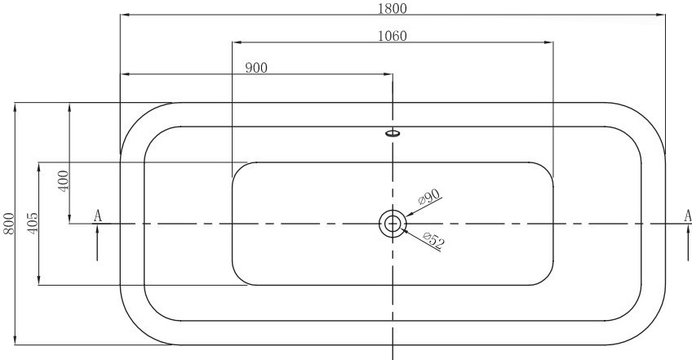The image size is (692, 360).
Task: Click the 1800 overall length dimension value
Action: click(393, 8)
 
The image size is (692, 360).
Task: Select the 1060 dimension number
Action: click(393, 36)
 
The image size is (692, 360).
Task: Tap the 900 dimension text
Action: click(256, 68)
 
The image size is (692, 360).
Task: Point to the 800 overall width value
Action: click(9, 224)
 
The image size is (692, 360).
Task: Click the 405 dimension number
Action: click(32, 224)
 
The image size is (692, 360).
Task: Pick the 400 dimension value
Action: click(64, 180)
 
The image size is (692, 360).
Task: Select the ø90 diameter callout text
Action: click(429, 197)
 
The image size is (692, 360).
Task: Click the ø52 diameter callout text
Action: click(433, 240)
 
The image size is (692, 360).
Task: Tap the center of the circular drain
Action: click(392, 224)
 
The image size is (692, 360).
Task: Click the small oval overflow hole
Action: click(393, 132)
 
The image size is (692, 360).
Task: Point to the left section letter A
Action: click(98, 216)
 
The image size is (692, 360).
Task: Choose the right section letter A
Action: click(688, 216)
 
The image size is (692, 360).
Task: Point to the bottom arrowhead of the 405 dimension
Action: click(39, 280)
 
